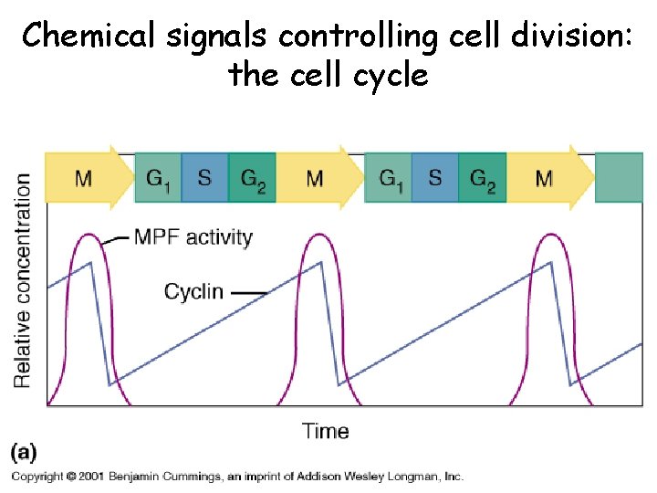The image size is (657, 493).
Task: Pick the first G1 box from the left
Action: pos(158,178)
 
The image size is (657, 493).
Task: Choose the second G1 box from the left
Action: pos(388,178)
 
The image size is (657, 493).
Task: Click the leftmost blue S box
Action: pos(204,178)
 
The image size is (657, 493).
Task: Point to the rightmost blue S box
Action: pos(435,178)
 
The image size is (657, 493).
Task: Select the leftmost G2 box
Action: pos(252,178)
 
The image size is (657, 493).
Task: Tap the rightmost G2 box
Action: pos(483,178)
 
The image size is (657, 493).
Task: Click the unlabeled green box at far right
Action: pos(619,178)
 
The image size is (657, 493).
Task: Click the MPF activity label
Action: pos(193,238)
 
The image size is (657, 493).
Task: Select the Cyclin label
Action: pos(193,292)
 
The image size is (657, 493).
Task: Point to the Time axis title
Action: pos(326,431)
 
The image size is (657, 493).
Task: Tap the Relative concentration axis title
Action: pos(22,279)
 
